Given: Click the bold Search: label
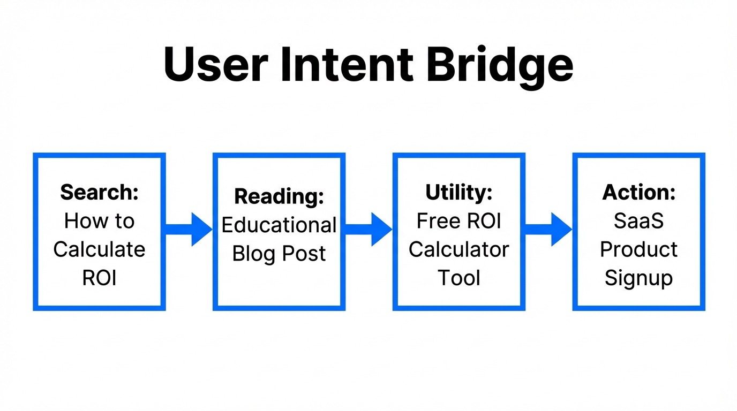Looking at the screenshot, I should [x=99, y=192].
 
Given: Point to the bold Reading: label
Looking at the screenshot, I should [x=279, y=197].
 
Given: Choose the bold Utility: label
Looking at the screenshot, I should [x=458, y=192].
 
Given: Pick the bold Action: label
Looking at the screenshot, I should [x=638, y=192].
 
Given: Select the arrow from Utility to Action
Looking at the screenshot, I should [x=548, y=229].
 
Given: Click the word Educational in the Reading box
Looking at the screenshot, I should [x=279, y=225].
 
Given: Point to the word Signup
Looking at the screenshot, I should [x=638, y=279].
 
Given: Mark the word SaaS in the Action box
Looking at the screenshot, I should [x=638, y=221].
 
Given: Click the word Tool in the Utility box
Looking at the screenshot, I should [x=458, y=278].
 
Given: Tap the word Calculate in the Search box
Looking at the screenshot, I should [x=99, y=249].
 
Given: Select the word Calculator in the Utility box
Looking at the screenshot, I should [x=458, y=249].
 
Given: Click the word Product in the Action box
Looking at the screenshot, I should [x=638, y=249].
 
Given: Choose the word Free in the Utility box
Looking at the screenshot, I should [x=434, y=221].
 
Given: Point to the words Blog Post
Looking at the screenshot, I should [x=279, y=254].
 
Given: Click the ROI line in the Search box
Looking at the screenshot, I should [x=99, y=278].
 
